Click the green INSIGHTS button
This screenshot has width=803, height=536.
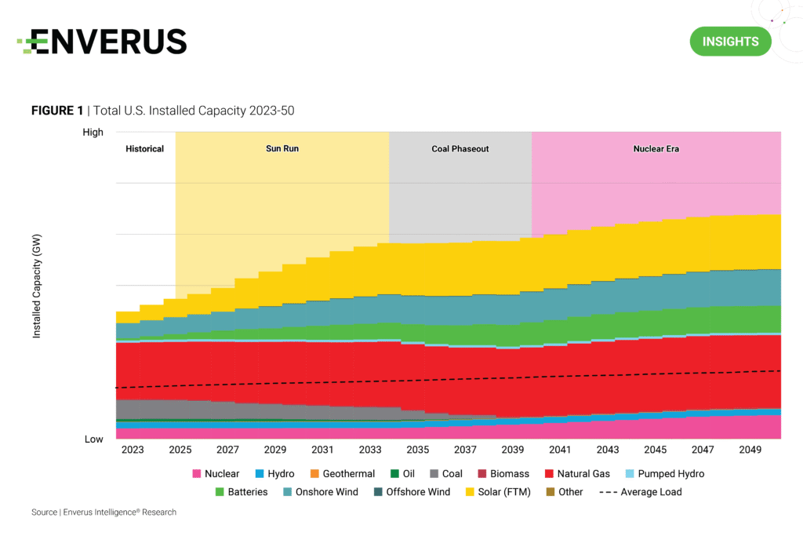point(730,41)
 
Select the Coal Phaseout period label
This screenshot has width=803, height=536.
point(460,148)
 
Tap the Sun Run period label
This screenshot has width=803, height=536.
point(282,148)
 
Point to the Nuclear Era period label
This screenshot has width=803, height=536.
point(656,148)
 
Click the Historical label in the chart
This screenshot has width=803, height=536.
point(145,148)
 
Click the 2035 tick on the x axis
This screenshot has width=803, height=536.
point(417,450)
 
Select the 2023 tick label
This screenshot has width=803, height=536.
point(133,450)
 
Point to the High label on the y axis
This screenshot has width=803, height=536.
point(93,132)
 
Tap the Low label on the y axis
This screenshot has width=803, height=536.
point(94,439)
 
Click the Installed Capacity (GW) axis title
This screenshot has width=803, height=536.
point(37,286)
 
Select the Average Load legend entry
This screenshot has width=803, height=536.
point(641,492)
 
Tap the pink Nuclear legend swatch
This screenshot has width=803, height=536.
point(197,474)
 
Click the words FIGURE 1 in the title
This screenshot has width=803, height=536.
point(56,111)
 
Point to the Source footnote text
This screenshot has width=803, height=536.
point(104,512)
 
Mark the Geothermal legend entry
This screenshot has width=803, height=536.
point(345,474)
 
